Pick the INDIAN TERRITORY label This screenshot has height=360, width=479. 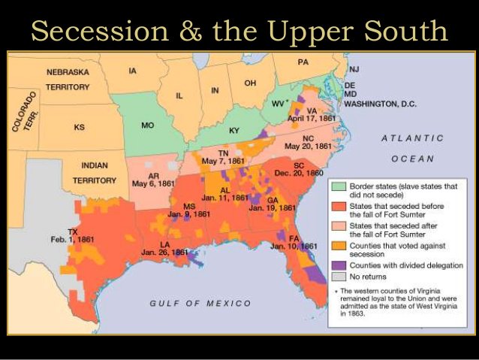95,172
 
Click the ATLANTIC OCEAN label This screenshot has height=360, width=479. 412,148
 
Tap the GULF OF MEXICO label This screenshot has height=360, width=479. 200,303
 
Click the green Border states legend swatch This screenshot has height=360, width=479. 338,186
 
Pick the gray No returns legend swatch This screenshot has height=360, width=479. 338,277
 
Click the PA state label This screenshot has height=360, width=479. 303,62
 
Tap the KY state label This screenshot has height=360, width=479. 234,131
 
